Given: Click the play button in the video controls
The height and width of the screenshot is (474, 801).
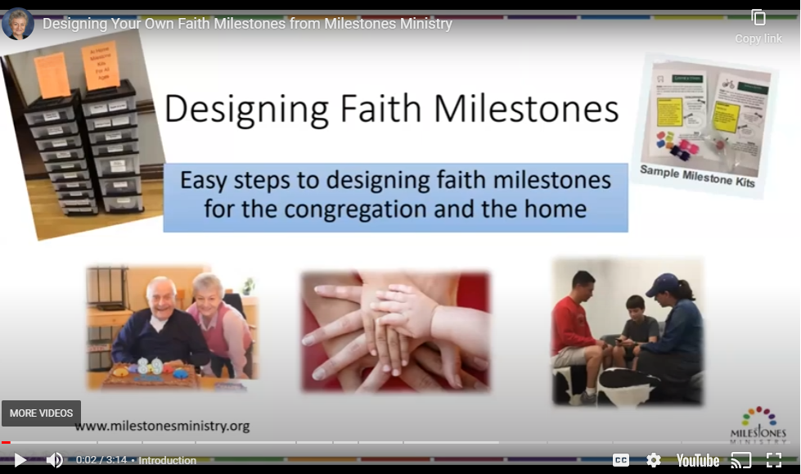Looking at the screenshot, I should coord(20,460).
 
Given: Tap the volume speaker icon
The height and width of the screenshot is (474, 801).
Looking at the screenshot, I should coord(55,460).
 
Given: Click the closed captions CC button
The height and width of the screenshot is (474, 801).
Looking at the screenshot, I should coord(621,460).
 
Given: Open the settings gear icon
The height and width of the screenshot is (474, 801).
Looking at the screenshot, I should coord(653,460).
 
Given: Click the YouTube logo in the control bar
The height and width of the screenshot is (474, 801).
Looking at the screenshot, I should coord(697,460).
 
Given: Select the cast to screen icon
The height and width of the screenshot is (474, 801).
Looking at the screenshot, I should coord(740,460).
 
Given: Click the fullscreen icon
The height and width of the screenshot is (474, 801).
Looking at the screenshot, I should coord(773,460).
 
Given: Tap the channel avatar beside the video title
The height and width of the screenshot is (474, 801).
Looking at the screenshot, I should coord(18,24).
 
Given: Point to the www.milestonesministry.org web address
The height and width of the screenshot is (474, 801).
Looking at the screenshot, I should coord(162,427).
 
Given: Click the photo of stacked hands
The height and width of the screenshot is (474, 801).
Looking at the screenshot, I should coord(395,332).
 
